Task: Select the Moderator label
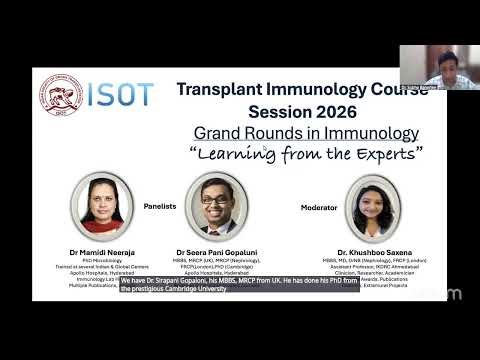coord(320,208)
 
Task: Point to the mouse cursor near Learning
coord(265,149)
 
